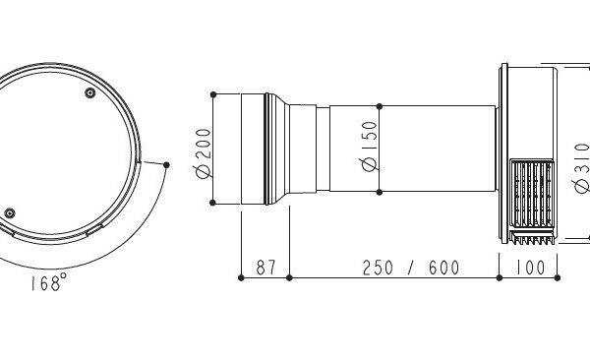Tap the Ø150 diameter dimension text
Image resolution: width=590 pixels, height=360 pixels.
[x=368, y=147]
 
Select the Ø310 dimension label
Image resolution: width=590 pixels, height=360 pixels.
[x=582, y=168]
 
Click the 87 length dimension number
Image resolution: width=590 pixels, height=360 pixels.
[x=266, y=268]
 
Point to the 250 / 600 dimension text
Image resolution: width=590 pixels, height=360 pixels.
[x=411, y=268]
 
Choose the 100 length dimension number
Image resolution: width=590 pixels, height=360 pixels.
[x=530, y=268]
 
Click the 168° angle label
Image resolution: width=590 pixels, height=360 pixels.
[x=49, y=283]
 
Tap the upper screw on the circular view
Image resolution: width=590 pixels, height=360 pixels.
[x=89, y=92]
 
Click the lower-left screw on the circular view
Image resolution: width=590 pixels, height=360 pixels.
[x=10, y=213]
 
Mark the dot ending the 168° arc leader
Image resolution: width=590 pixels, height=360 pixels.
[x=166, y=165]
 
